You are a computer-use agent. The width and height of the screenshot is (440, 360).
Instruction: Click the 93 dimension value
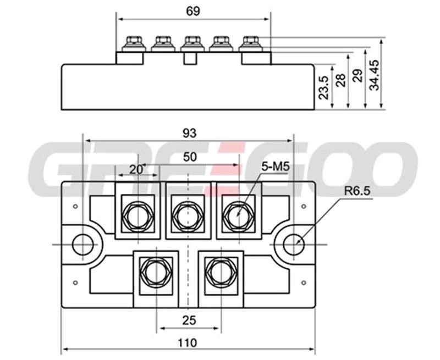tap(189, 132)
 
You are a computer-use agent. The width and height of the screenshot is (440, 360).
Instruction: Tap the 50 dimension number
tap(190, 157)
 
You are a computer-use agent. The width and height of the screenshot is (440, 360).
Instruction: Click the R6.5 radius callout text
tap(356, 191)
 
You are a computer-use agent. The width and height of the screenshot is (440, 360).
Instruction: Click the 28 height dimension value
tap(340, 81)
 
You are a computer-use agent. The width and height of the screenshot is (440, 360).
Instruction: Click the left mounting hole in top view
tap(82, 243)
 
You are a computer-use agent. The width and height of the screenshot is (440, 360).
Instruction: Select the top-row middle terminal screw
tap(189, 211)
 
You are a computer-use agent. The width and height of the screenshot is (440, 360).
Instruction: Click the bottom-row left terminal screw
tap(157, 271)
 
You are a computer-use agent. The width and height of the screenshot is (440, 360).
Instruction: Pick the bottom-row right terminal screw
tap(220, 271)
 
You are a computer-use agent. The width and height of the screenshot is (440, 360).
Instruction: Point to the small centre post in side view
tap(191, 58)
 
